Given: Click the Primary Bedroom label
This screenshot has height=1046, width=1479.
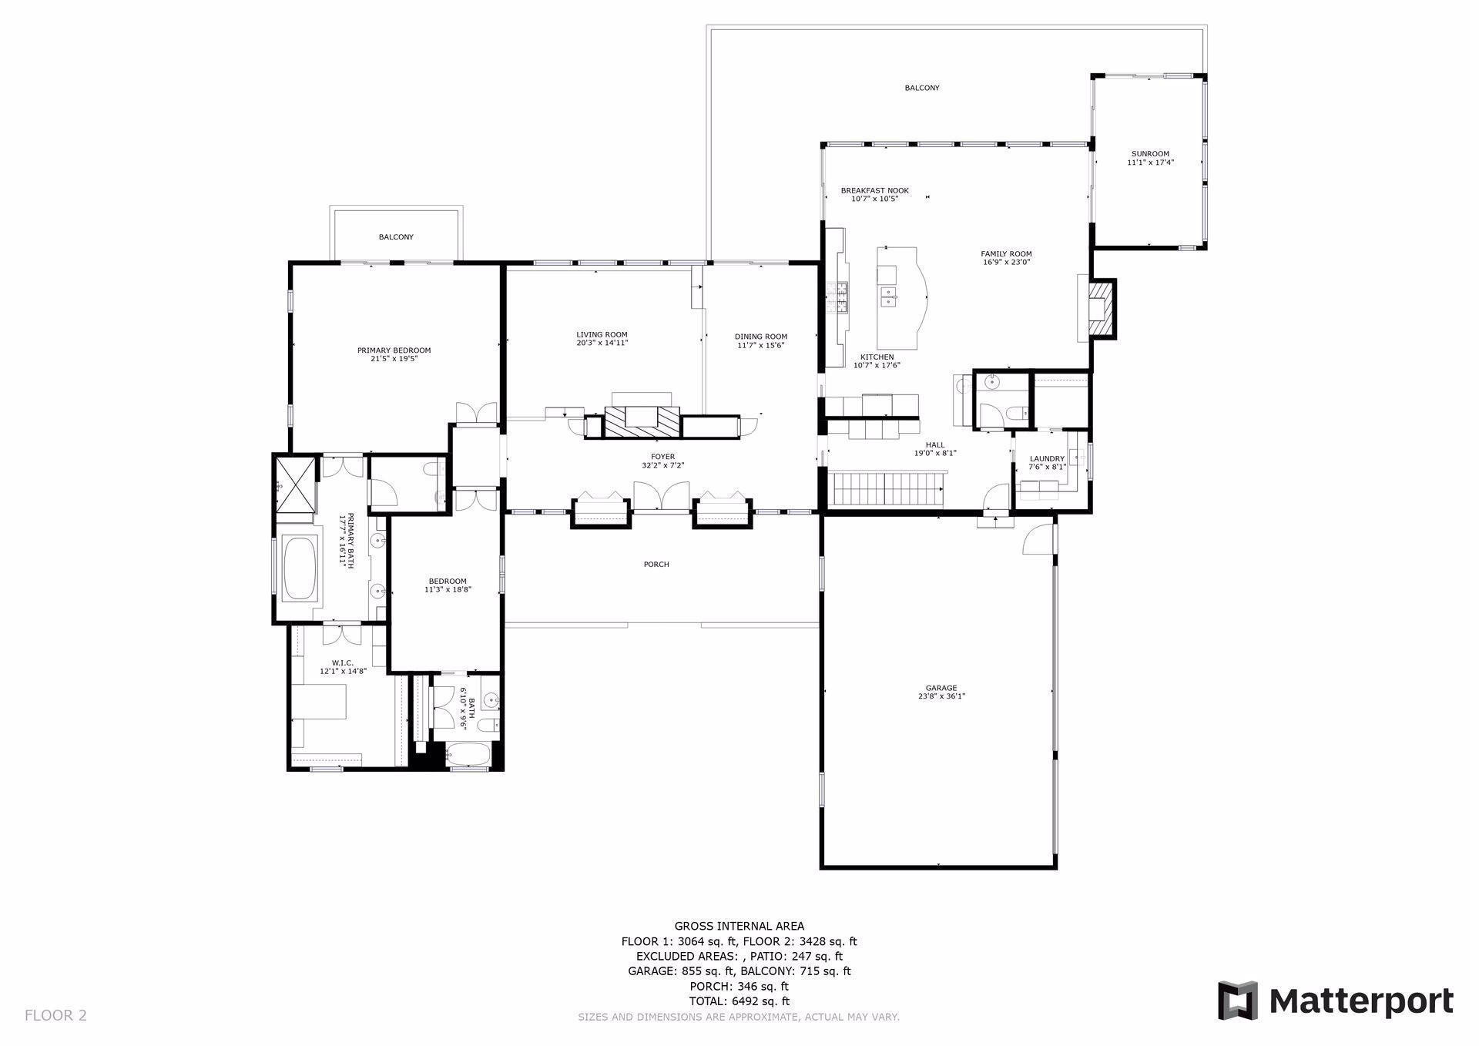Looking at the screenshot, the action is click(394, 350).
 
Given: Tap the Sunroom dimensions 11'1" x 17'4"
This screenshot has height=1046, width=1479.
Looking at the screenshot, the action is click(1150, 163).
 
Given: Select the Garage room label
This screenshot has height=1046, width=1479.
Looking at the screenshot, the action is click(941, 688).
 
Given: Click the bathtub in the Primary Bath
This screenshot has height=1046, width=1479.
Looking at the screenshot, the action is click(300, 569).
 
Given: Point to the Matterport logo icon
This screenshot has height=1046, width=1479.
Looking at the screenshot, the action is click(1237, 1001).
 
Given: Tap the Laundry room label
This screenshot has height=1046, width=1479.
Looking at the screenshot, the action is click(1047, 458).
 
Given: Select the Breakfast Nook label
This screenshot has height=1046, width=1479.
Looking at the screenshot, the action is click(874, 190).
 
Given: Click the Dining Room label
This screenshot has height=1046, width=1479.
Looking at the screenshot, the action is click(760, 337).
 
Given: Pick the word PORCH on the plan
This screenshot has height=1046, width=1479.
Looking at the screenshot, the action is click(656, 565).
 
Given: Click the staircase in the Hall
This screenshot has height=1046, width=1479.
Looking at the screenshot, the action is click(887, 491).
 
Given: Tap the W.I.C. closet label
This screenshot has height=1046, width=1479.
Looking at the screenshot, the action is click(343, 662).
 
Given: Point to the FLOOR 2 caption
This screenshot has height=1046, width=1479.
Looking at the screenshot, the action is click(55, 1015).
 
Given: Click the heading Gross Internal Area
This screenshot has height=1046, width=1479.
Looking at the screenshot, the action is click(739, 927).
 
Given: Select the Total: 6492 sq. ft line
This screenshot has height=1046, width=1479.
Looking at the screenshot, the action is click(739, 1001).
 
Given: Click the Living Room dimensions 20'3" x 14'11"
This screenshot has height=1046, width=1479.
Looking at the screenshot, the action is click(602, 343).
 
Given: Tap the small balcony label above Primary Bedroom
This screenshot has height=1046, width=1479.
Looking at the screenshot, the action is click(396, 237).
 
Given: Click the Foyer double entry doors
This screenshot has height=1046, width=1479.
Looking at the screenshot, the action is click(661, 496).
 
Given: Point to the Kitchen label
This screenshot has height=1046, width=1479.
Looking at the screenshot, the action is click(877, 357).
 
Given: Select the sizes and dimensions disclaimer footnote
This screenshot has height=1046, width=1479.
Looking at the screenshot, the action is click(739, 1018).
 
